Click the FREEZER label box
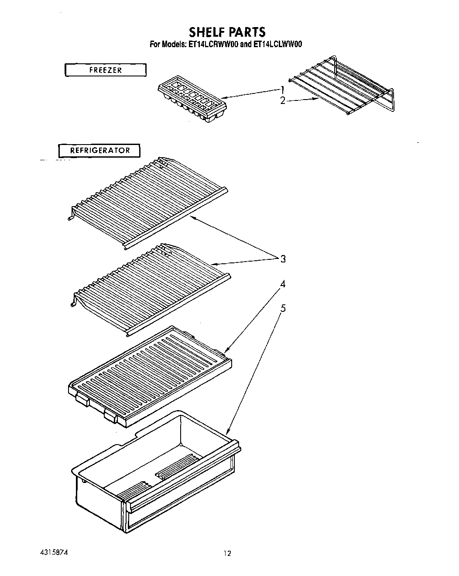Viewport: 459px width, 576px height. point(105,70)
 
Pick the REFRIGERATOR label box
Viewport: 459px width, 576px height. point(100,151)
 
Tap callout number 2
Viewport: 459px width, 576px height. point(282,101)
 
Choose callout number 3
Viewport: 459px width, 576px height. point(283,259)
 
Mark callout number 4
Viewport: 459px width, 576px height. point(283,284)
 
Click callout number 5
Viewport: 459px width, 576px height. point(283,309)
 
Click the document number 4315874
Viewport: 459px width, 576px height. point(53,552)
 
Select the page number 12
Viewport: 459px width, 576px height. point(227,553)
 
